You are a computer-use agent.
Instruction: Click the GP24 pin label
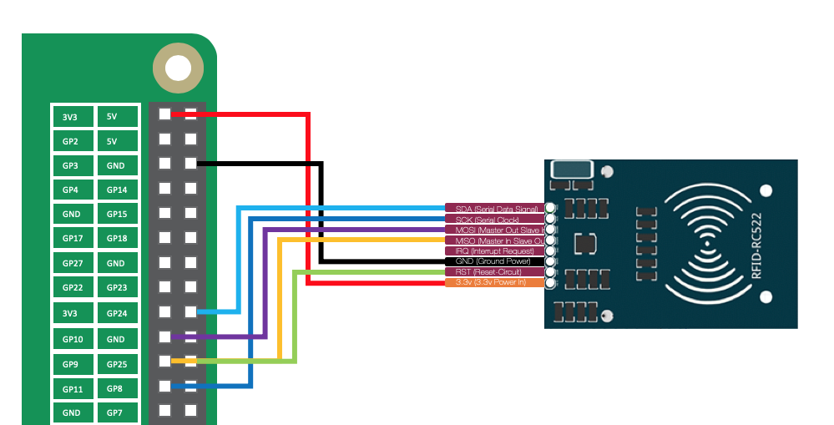tap(116, 314)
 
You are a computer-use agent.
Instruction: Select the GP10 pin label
tap(71, 339)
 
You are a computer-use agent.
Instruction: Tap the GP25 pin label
tap(116, 364)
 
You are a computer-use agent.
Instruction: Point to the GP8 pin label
tap(116, 388)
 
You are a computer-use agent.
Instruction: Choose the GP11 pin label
tap(71, 388)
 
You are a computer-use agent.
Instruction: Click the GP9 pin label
tap(71, 364)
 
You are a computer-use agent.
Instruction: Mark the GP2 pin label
tap(71, 141)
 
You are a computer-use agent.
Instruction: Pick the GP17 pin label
tap(71, 239)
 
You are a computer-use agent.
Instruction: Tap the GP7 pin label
tap(116, 412)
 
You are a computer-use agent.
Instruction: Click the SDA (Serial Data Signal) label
tap(495, 208)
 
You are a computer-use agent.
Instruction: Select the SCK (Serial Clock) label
tap(495, 219)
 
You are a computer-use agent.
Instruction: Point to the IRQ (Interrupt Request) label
tap(495, 250)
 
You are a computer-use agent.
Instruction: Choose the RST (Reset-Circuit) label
tap(495, 272)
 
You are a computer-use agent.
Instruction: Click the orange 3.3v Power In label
tap(495, 283)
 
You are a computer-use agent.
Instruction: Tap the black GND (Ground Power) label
tap(495, 261)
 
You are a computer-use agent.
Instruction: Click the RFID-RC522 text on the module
tap(757, 245)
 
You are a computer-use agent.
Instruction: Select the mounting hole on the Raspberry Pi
tap(178, 68)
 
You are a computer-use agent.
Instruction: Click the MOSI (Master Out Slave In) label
tap(495, 230)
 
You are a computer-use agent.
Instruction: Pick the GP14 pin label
tap(116, 190)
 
